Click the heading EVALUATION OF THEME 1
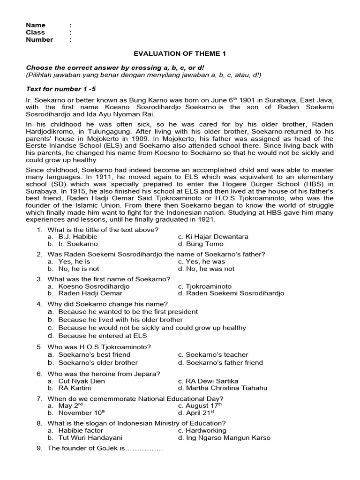pos(180,54)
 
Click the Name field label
pos(36,25)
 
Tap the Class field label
pos(36,32)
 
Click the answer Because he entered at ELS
pos(103,336)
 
